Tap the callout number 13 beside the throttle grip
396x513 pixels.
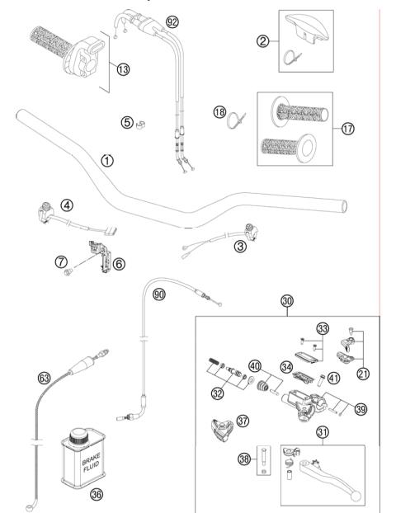(125, 71)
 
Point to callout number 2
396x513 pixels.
(262, 41)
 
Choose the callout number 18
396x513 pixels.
(219, 111)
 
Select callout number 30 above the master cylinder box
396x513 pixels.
(286, 302)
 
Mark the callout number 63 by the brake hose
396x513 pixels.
(45, 379)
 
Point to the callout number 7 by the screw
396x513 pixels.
(59, 261)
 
